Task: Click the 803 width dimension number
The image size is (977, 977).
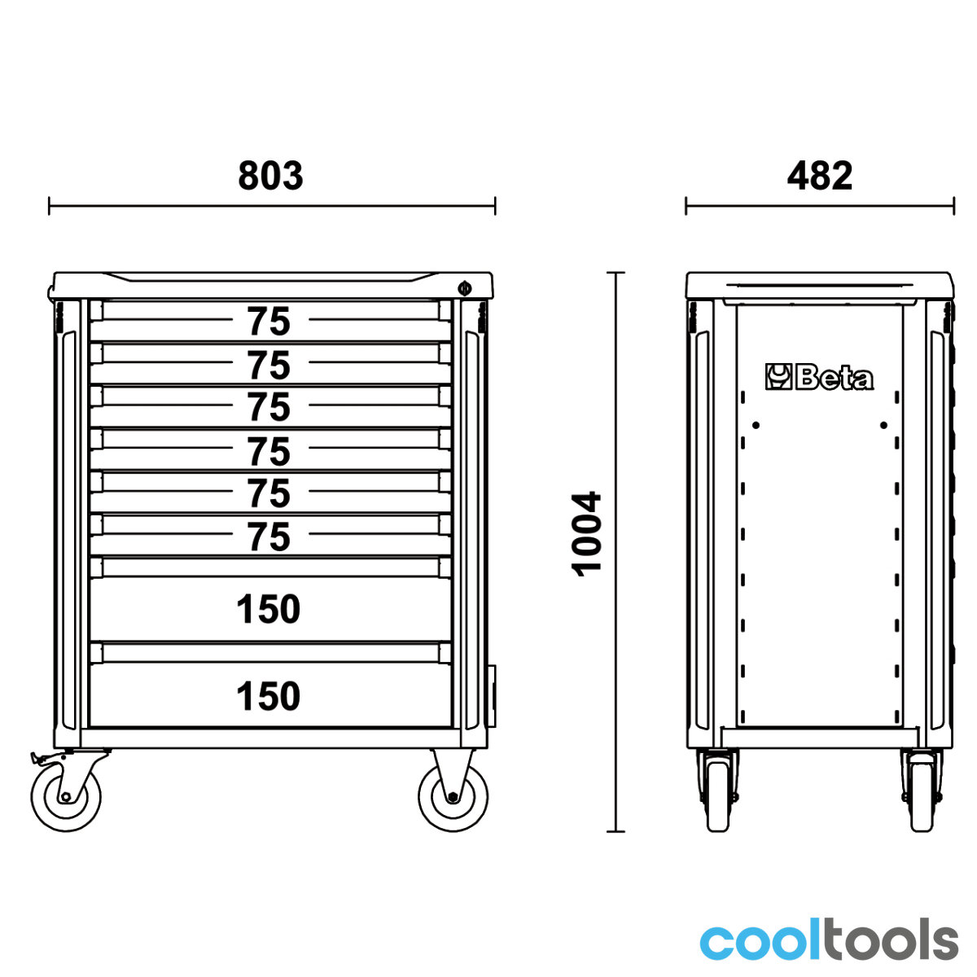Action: pyautogui.click(x=270, y=176)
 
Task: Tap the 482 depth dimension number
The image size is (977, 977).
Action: pyautogui.click(x=820, y=176)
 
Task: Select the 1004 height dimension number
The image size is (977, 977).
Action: pyautogui.click(x=586, y=534)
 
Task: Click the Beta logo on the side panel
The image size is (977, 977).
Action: pyautogui.click(x=820, y=378)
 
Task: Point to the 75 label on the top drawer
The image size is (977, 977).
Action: pyautogui.click(x=269, y=322)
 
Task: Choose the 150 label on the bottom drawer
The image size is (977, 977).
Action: pyautogui.click(x=268, y=696)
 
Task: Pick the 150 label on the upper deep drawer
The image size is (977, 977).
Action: pyautogui.click(x=268, y=609)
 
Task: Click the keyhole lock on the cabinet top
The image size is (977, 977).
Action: pyautogui.click(x=464, y=288)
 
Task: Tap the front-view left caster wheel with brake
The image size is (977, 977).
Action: pyautogui.click(x=66, y=797)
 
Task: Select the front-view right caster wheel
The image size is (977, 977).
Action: pyautogui.click(x=453, y=797)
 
